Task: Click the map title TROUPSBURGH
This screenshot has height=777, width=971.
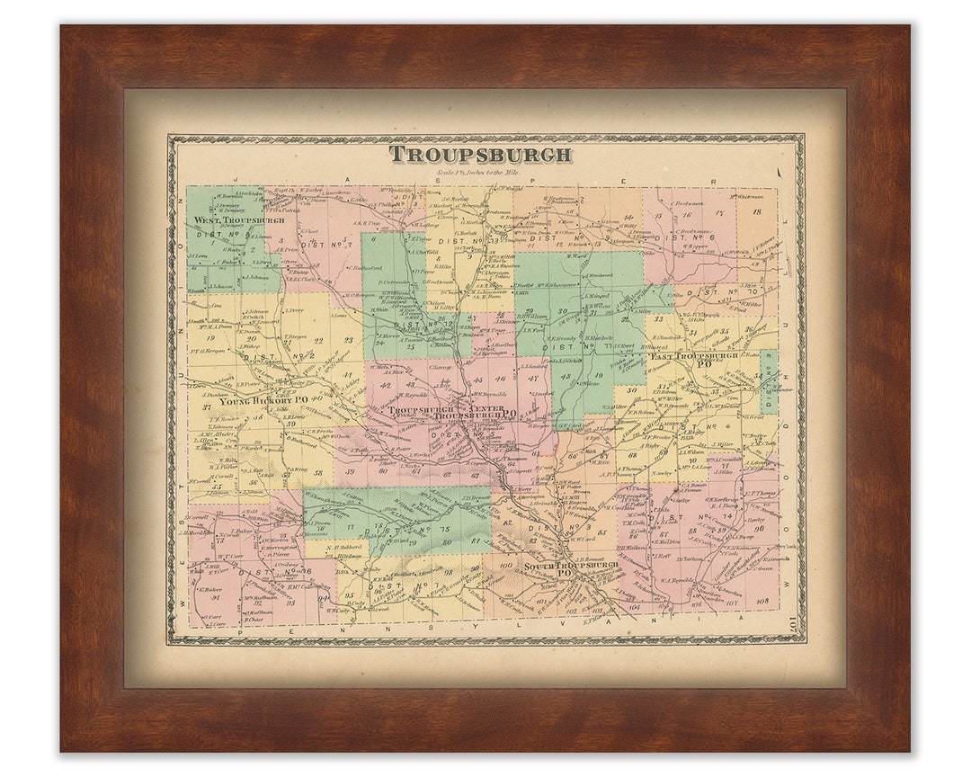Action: pyautogui.click(x=480, y=155)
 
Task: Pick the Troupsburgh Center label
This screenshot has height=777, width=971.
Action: pyautogui.click(x=428, y=409)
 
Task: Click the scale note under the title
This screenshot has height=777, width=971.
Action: pyautogui.click(x=480, y=173)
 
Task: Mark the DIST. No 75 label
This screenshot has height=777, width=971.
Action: pyautogui.click(x=406, y=530)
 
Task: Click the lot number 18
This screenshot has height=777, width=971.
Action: pyautogui.click(x=756, y=212)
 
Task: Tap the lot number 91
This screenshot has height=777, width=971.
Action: pyautogui.click(x=216, y=597)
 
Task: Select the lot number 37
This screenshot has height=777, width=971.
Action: pyautogui.click(x=206, y=407)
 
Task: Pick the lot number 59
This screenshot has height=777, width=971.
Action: pyautogui.click(x=351, y=470)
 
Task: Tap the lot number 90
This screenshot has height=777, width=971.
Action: pyautogui.click(x=759, y=528)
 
